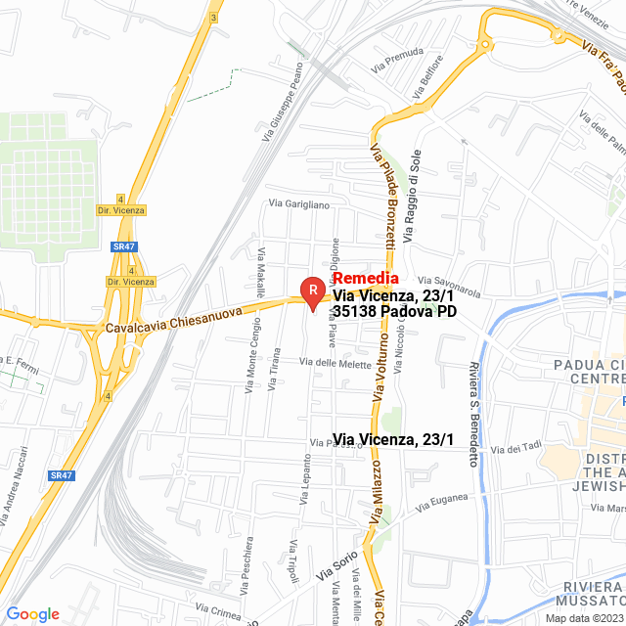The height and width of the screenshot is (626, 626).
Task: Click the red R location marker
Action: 312,291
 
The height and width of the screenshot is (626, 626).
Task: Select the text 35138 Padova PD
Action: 394,311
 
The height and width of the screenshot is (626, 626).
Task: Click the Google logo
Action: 32,613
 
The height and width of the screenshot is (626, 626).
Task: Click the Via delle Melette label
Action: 335,364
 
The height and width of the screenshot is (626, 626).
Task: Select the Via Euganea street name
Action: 436,508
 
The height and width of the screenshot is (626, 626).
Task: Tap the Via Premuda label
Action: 397,59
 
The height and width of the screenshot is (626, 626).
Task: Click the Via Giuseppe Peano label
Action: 282,103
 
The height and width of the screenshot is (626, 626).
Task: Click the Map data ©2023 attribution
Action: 583,617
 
